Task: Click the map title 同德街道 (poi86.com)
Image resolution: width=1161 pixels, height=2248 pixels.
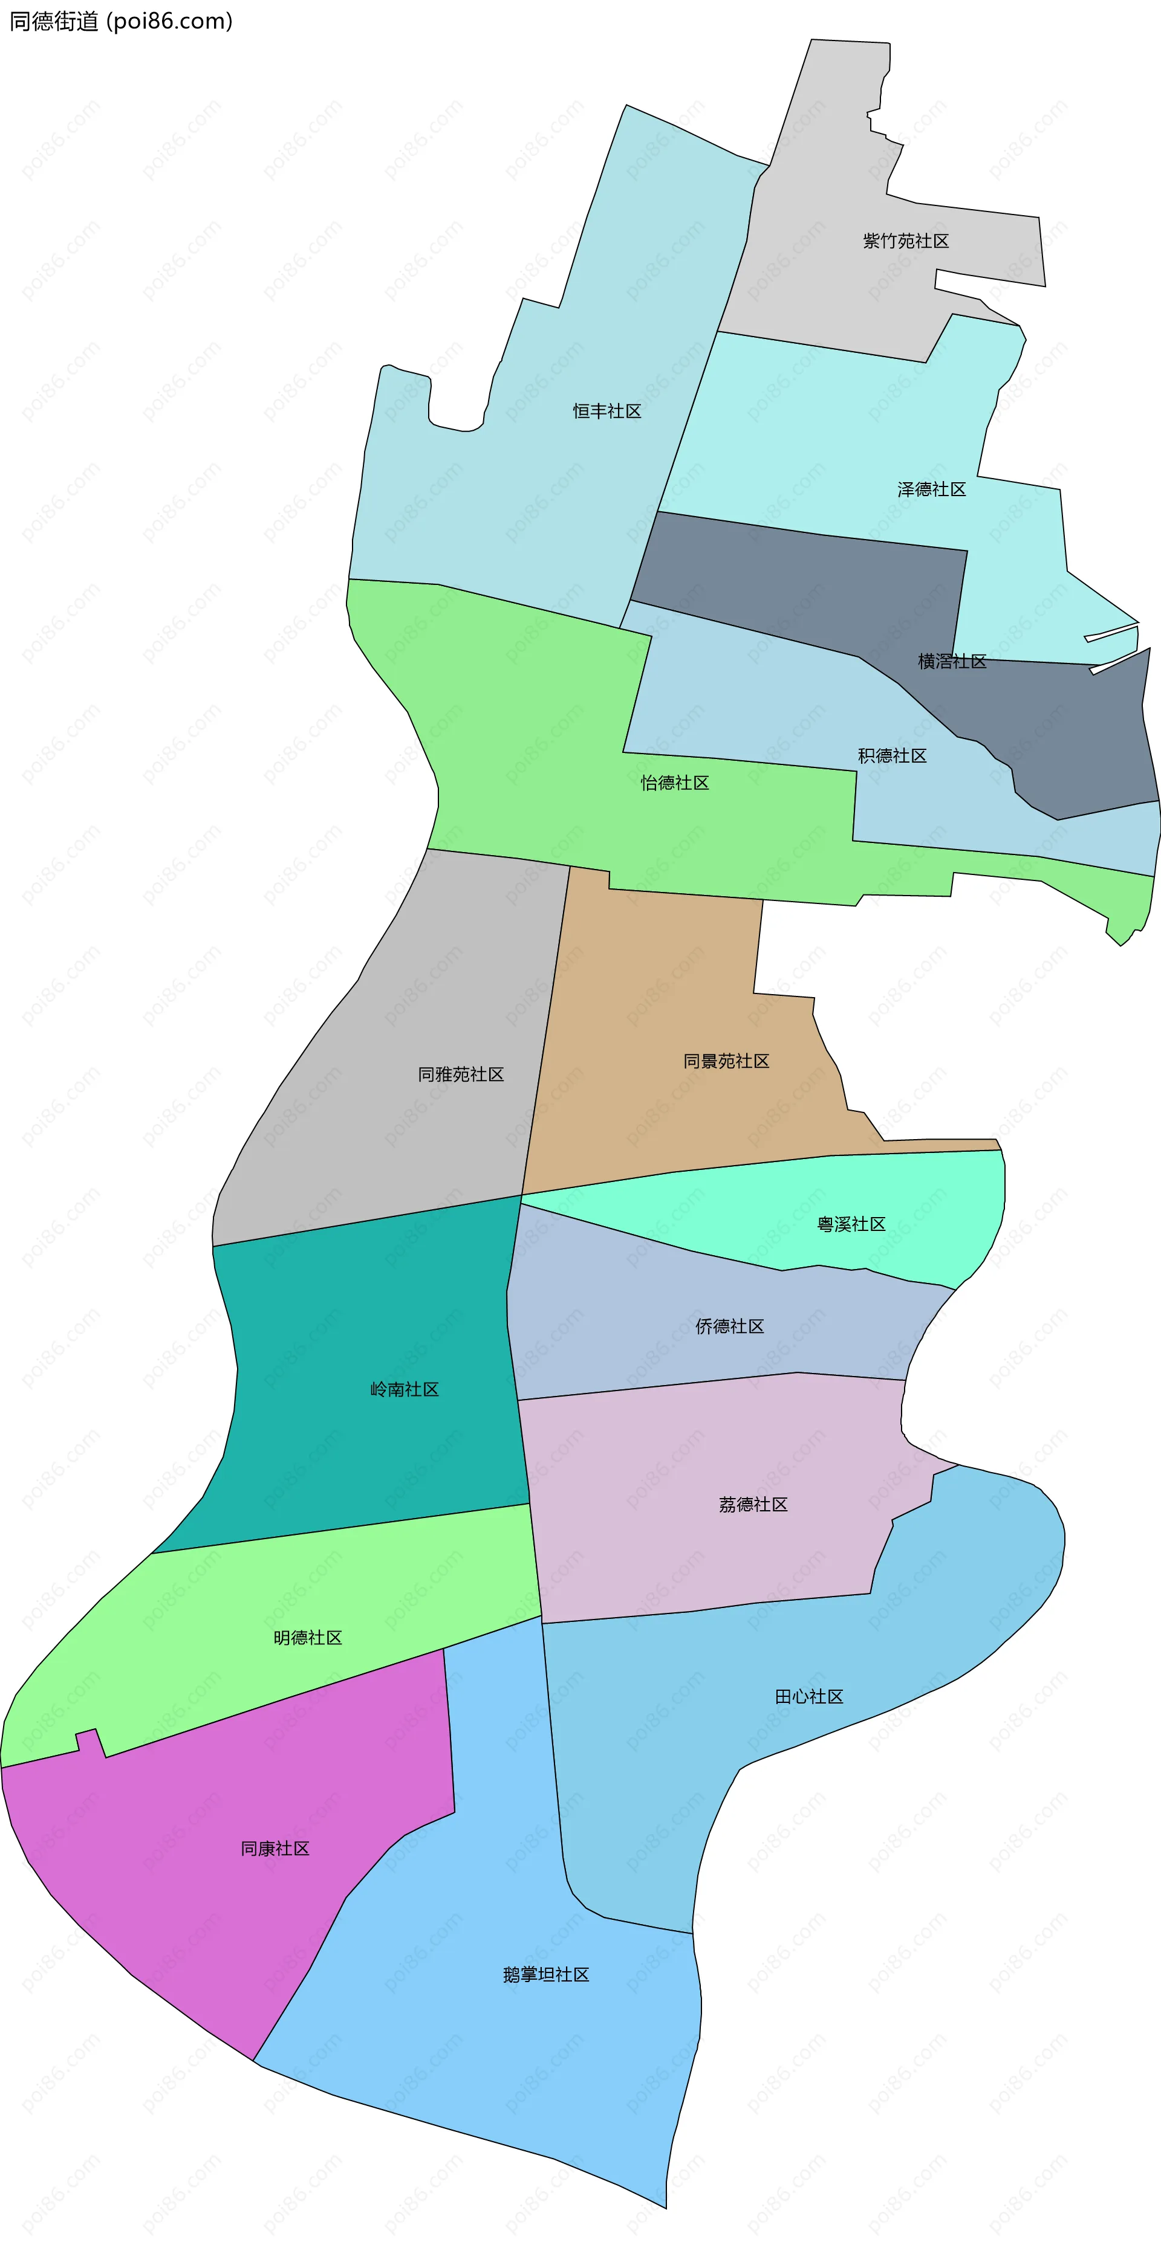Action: pyautogui.click(x=120, y=21)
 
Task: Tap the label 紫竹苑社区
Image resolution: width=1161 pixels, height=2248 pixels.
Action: pyautogui.click(x=905, y=241)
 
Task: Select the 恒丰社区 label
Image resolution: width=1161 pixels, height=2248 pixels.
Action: pyautogui.click(x=607, y=411)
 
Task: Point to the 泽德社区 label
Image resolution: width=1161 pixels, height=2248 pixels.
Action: pyautogui.click(x=931, y=489)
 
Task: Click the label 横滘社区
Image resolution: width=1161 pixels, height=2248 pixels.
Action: pyautogui.click(x=952, y=662)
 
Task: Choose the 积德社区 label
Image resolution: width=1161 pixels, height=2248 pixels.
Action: pyautogui.click(x=891, y=756)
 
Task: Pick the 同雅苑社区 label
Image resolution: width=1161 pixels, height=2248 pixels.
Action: pyautogui.click(x=461, y=1074)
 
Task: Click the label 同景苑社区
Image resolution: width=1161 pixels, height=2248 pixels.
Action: pyautogui.click(x=726, y=1061)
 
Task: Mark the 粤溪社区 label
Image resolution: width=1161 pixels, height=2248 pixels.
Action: pyautogui.click(x=851, y=1224)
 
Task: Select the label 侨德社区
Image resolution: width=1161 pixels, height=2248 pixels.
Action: pyautogui.click(x=730, y=1326)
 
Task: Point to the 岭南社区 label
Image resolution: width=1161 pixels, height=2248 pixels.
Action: pyautogui.click(x=404, y=1389)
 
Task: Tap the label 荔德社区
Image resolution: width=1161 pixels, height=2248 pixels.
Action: pyautogui.click(x=753, y=1505)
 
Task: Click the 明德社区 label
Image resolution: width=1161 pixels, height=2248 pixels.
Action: pyautogui.click(x=307, y=1638)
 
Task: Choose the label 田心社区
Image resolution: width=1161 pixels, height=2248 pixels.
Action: pyautogui.click(x=809, y=1696)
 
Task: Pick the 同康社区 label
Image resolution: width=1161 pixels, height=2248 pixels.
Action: pyautogui.click(x=275, y=1849)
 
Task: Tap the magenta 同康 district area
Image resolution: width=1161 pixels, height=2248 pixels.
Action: pyautogui.click(x=218, y=1920)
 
